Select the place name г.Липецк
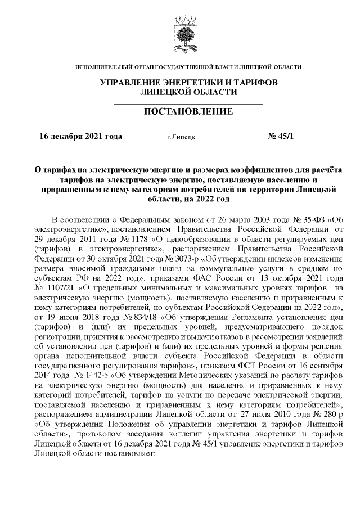click(x=181, y=137)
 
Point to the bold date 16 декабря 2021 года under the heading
click(x=80, y=137)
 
